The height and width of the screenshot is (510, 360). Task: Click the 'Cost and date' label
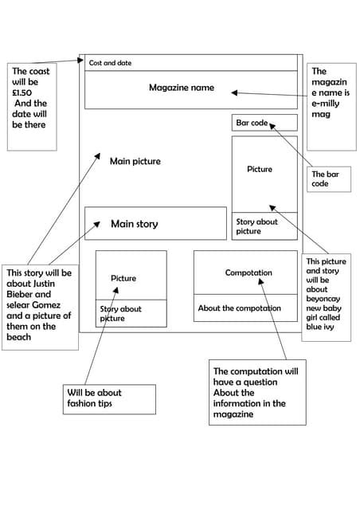tap(110, 63)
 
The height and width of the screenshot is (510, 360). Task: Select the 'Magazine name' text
tap(182, 88)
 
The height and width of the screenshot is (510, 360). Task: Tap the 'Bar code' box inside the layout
tap(264, 123)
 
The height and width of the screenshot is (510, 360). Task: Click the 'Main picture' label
tap(135, 162)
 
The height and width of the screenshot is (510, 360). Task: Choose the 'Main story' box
tap(155, 224)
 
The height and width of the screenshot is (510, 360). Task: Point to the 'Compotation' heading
tap(248, 273)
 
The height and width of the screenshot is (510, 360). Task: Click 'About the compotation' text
tap(239, 308)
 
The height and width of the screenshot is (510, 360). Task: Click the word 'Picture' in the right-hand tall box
tap(260, 170)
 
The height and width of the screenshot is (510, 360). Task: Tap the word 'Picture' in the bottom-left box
tap(123, 279)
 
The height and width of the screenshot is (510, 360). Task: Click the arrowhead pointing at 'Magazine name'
tap(234, 92)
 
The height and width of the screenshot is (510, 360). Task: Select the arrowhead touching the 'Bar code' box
tap(272, 124)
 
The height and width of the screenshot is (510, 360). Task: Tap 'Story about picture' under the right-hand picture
tap(256, 226)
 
